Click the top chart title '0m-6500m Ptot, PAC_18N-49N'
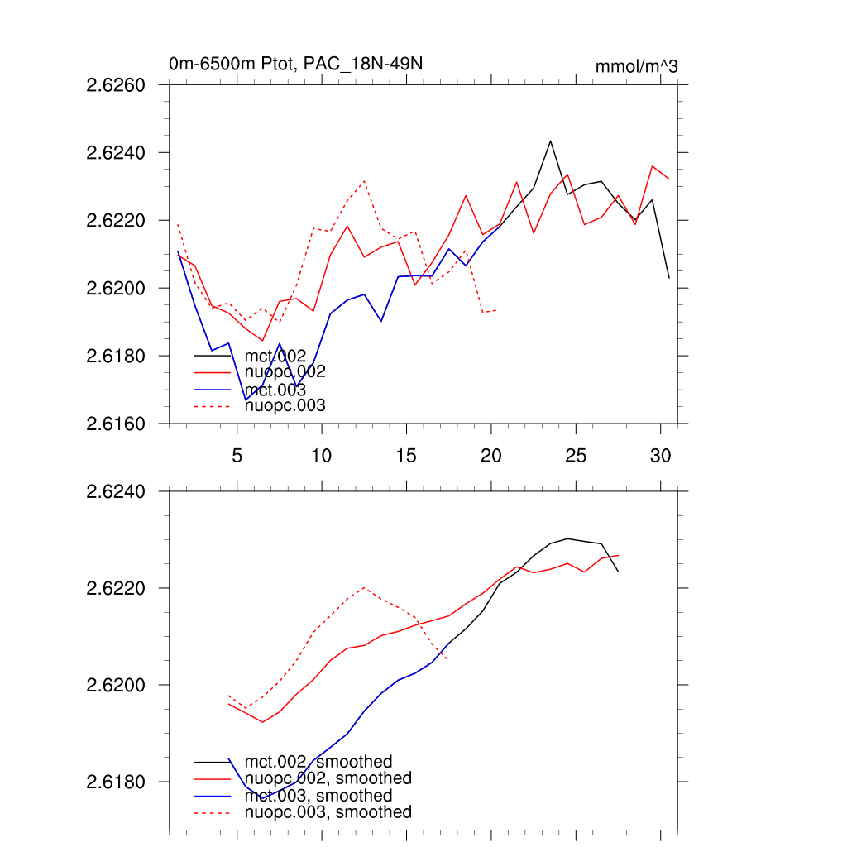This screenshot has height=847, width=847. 296,64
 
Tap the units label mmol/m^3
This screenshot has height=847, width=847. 636,66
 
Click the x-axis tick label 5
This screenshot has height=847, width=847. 237,456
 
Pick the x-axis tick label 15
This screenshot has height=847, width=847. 405,456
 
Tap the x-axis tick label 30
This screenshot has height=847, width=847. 660,456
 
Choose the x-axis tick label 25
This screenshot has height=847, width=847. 576,456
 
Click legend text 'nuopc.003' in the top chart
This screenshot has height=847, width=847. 285,405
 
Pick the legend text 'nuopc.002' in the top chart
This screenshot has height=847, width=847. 285,372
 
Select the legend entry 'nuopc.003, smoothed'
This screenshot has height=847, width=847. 328,812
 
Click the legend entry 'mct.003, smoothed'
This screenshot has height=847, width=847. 318,796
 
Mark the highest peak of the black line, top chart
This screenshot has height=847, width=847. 550,141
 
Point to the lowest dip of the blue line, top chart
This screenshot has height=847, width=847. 246,400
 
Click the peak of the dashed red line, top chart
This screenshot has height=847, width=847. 364,180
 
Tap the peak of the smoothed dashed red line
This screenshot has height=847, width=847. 364,587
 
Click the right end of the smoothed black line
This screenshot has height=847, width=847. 618,572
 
